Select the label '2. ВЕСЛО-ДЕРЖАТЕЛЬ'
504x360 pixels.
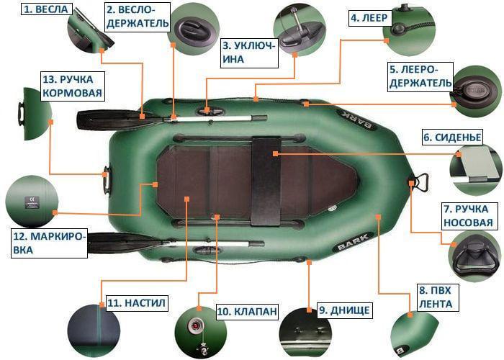pos(138,17)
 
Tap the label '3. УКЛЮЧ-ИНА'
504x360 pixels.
pos(248,53)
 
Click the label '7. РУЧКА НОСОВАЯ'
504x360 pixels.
pos(468,216)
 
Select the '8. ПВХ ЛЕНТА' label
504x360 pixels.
pos(435,297)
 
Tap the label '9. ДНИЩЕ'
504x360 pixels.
pos(346,310)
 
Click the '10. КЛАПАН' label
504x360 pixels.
pos(247,311)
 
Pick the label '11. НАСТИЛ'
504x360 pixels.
pos(137,303)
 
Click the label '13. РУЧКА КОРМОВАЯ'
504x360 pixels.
pos(72,86)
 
